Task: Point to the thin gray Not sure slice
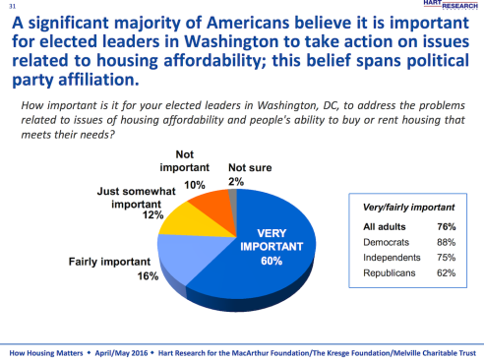click(232, 193)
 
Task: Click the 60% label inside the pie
click(271, 262)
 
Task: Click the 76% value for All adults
click(446, 226)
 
